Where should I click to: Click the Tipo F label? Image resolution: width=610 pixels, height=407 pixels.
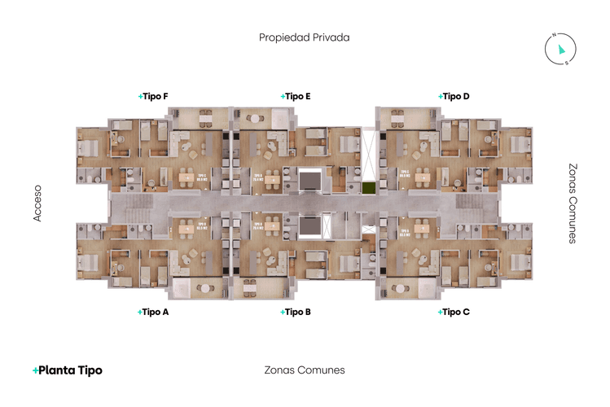click(x=154, y=96)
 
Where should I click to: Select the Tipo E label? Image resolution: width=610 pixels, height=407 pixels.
click(x=296, y=96)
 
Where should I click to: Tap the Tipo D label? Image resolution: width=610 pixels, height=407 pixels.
click(x=454, y=96)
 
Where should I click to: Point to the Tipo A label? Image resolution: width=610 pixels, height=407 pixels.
click(x=154, y=312)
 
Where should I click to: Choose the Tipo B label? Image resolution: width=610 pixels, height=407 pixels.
click(x=296, y=312)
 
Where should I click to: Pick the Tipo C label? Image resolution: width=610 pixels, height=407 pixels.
click(x=454, y=312)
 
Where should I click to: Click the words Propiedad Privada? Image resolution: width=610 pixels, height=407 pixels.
click(x=304, y=37)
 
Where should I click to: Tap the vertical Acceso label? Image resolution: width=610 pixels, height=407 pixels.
click(x=37, y=203)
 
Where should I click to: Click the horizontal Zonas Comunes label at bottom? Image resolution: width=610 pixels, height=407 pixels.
click(x=305, y=370)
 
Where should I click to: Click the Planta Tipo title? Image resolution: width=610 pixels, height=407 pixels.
click(x=68, y=370)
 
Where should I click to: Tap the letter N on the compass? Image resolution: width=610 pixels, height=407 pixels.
click(x=553, y=36)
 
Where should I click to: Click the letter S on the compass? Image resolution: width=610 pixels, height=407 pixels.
click(x=568, y=63)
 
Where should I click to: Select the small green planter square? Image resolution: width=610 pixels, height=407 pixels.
click(x=369, y=188)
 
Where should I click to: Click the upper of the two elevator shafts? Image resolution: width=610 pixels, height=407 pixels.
click(x=310, y=179)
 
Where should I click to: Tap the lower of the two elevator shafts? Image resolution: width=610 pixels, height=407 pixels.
click(x=310, y=227)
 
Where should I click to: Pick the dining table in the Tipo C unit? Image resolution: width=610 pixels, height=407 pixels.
click(x=422, y=229)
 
